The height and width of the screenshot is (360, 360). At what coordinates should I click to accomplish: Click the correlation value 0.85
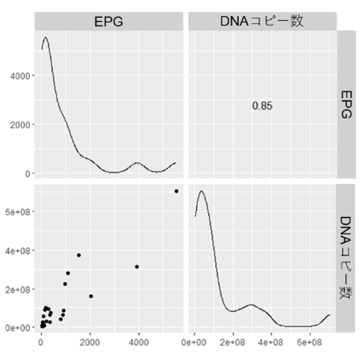[x=262, y=106]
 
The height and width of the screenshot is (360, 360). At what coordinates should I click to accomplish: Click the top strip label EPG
[x=109, y=22]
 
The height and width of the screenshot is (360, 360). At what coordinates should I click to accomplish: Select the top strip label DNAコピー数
[x=262, y=22]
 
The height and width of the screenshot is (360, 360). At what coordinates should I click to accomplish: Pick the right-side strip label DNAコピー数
[x=346, y=258]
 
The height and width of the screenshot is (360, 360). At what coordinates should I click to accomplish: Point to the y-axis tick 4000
[x=22, y=76]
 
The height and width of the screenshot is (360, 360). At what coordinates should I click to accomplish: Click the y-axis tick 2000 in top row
[x=22, y=125]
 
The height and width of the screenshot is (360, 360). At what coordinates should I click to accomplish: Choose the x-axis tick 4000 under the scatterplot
[x=139, y=341]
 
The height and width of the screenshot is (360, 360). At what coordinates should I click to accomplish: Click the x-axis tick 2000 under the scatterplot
[x=90, y=341]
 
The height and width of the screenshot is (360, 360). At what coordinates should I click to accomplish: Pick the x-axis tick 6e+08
[x=310, y=341]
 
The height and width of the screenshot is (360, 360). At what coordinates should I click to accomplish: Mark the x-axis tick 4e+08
[x=271, y=341]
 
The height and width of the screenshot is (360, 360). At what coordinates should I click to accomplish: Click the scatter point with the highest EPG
[x=176, y=191]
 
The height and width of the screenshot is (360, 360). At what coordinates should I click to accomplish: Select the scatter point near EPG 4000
[x=137, y=267]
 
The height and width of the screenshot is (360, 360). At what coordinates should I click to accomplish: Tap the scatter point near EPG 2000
[x=91, y=296]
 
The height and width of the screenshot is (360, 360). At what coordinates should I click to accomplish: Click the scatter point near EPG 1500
[x=79, y=255]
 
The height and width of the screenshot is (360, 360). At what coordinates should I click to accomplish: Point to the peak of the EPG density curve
[x=46, y=37]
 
